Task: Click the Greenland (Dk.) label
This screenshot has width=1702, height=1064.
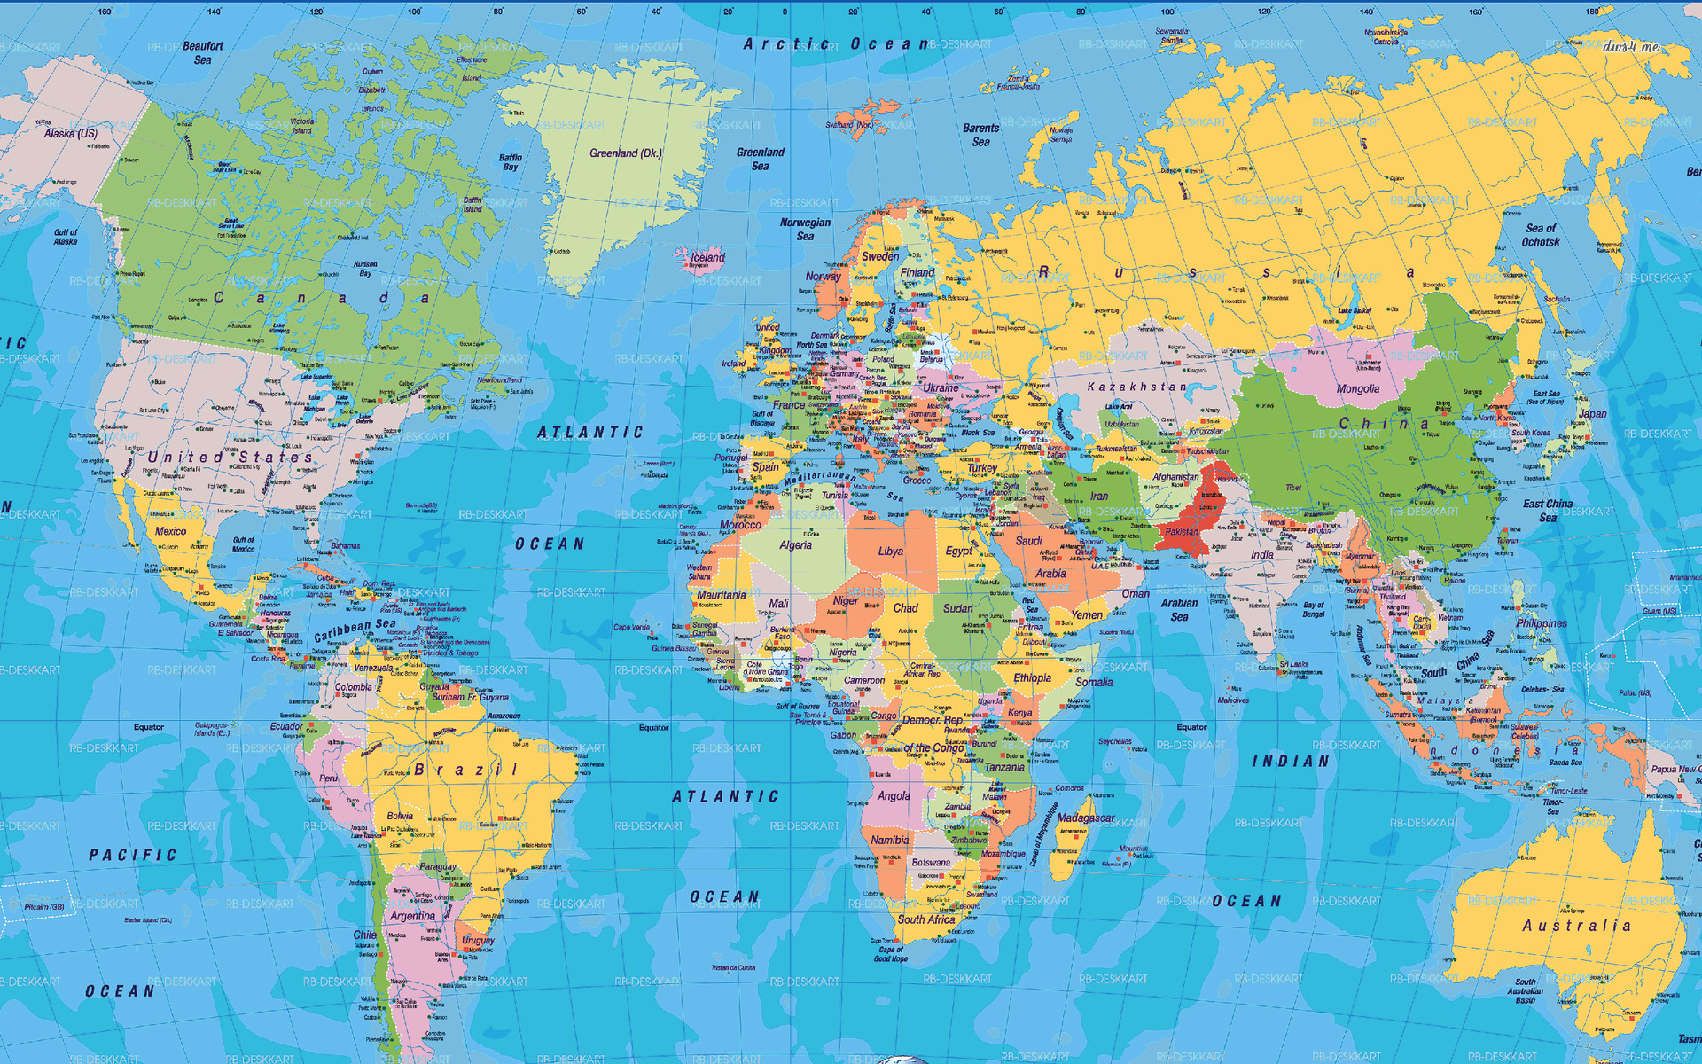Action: coord(625,153)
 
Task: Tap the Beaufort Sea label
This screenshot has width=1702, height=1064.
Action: coord(203,53)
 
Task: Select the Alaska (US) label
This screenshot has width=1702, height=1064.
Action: coord(71,134)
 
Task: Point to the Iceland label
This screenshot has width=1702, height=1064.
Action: coord(707,258)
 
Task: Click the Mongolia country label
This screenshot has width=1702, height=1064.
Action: coord(1357,389)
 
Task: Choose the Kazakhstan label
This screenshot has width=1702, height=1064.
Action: coord(1136,387)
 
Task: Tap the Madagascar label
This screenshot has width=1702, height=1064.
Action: coord(1086,818)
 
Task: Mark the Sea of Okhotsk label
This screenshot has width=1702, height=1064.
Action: coord(1541,235)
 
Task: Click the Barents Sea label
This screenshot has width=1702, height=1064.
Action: coord(980,135)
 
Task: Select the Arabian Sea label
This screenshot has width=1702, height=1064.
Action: coord(1179,610)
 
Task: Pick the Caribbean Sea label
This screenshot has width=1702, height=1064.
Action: coord(355,630)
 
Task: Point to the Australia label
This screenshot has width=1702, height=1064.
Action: coord(1576,926)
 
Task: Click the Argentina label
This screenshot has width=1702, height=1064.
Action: coord(412,916)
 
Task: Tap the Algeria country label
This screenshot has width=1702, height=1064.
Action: coord(795,545)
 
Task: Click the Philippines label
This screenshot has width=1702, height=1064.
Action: coord(1541,623)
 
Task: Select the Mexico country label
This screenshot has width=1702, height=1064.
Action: coord(170,531)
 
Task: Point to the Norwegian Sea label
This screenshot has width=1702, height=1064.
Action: coord(805,230)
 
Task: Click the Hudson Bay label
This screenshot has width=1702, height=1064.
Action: coord(365,269)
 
